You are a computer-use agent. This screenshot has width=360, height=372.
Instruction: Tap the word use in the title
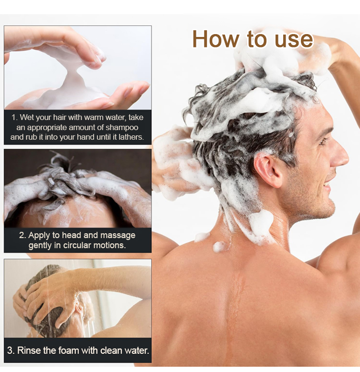(294, 40)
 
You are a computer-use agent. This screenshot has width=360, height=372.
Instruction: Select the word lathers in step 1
(131, 137)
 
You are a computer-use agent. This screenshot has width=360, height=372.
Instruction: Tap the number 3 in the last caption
(10, 350)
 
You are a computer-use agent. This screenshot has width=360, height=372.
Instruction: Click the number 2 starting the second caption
(22, 236)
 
